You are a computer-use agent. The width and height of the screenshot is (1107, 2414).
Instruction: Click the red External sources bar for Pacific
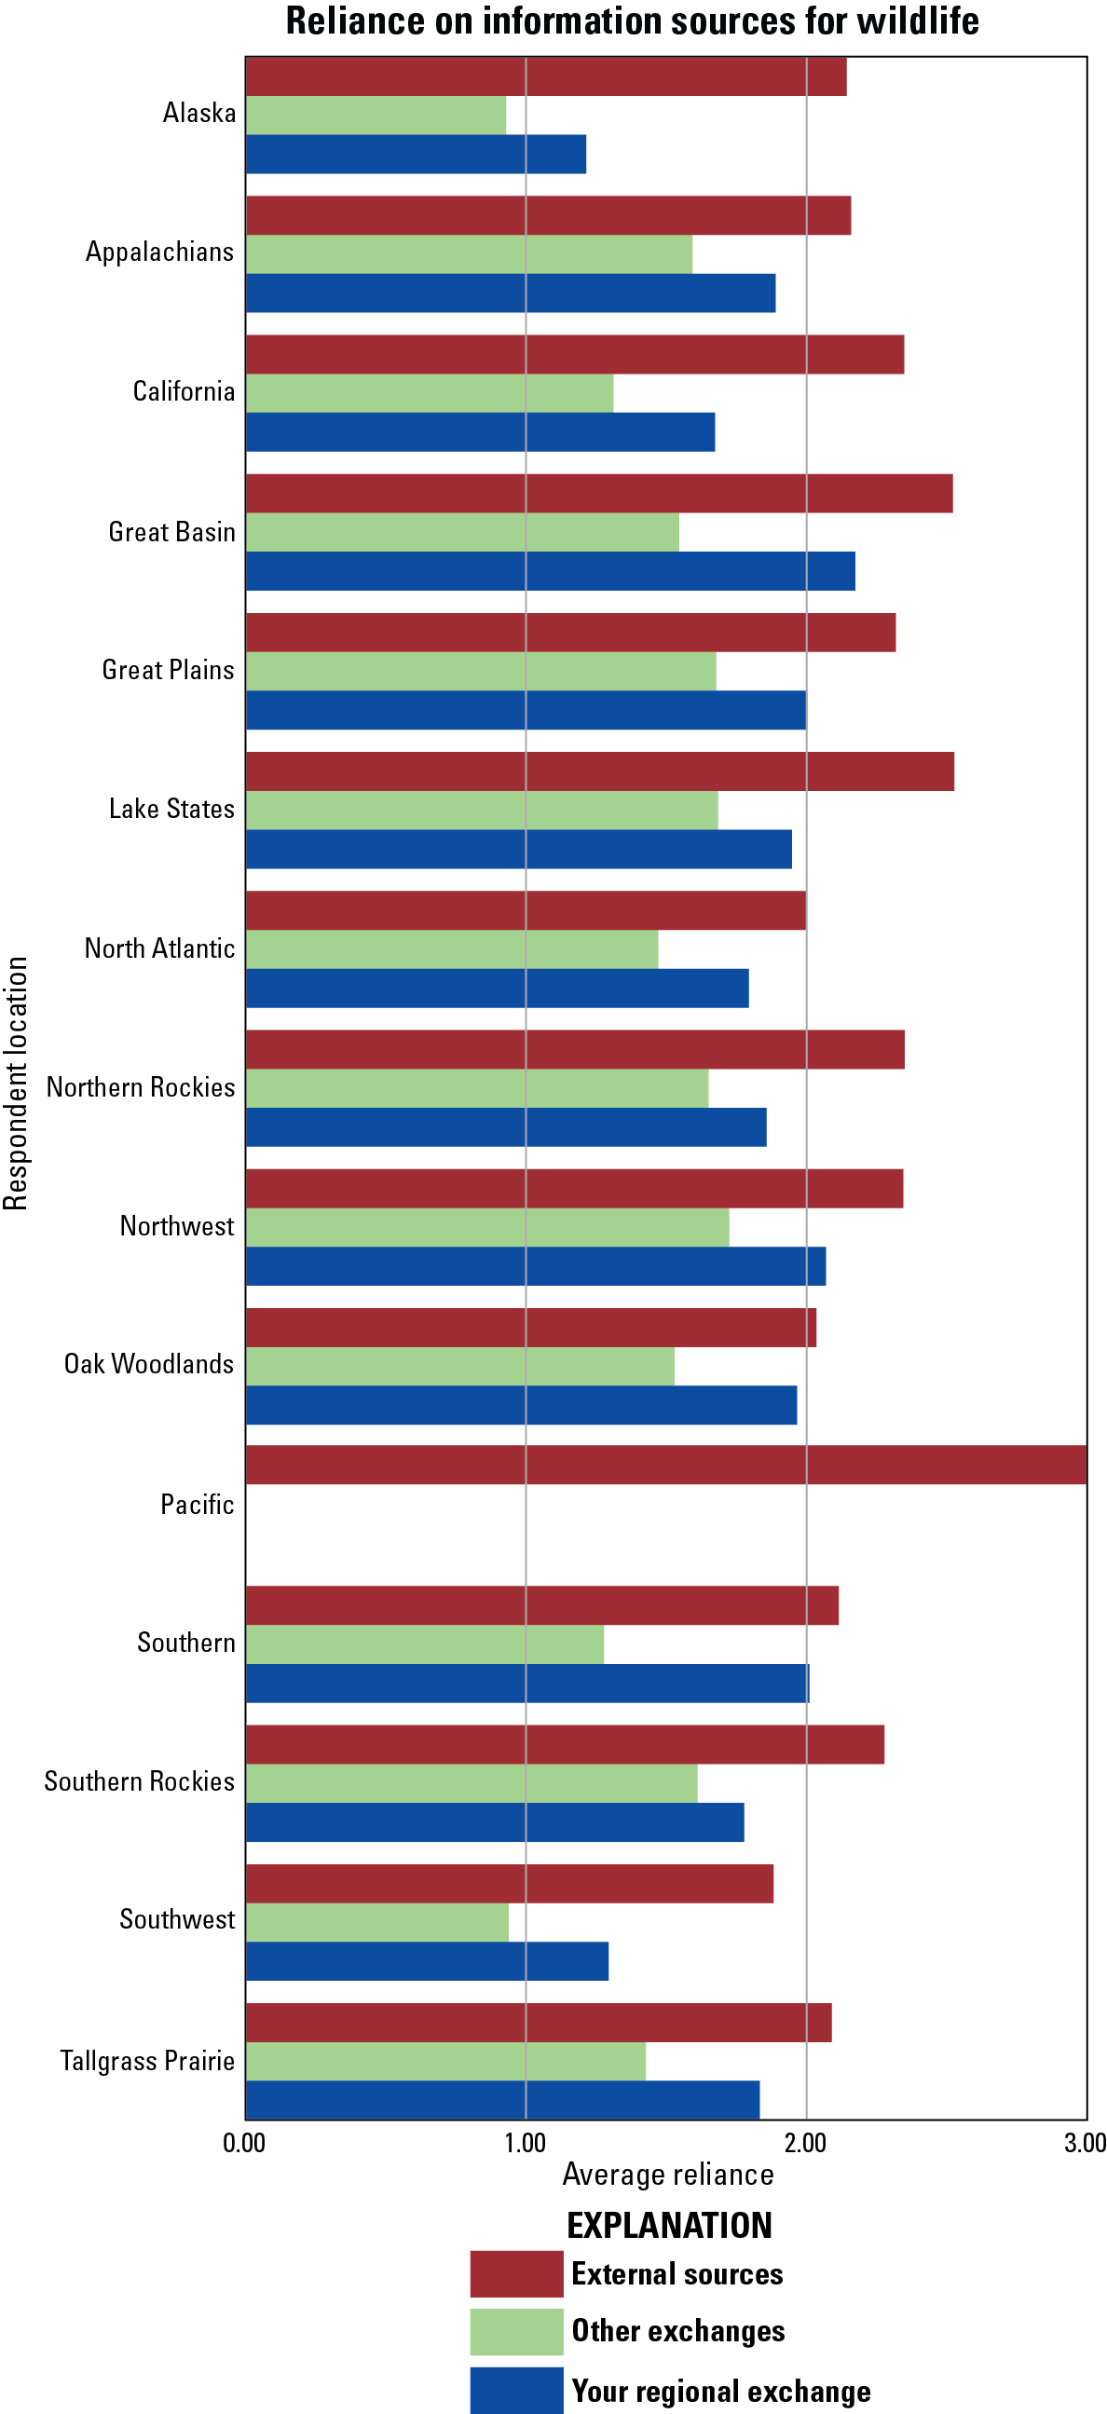pos(665,1465)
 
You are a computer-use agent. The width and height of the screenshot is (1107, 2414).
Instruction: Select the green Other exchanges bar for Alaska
pos(376,116)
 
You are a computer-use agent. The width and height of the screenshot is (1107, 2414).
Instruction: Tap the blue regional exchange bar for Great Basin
pos(550,571)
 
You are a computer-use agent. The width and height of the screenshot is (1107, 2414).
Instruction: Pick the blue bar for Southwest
pos(427,1960)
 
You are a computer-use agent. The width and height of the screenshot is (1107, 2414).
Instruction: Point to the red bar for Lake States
pos(600,771)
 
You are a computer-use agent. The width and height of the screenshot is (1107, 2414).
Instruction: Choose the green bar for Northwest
pos(487,1227)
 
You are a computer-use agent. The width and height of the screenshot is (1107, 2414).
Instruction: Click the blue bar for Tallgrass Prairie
pos(502,2099)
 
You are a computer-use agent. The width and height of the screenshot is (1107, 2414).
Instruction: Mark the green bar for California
pos(430,392)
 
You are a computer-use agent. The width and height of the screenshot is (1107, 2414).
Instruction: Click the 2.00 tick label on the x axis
pos(805,2142)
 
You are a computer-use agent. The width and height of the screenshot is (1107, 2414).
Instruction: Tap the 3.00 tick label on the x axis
pos(1085,2142)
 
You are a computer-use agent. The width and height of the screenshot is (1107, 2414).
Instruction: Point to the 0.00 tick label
pos(245,2142)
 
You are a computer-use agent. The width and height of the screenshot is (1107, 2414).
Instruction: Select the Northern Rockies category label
pos(141,1087)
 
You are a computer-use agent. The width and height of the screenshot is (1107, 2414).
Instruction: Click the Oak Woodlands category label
pos(149,1363)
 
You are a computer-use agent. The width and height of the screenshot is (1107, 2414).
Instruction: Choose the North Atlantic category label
pos(159,948)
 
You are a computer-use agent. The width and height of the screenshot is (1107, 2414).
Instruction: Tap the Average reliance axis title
pos(667,2175)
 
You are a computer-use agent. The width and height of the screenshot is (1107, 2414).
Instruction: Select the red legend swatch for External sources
pos(516,2273)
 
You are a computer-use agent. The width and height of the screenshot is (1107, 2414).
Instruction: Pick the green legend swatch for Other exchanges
pos(516,2331)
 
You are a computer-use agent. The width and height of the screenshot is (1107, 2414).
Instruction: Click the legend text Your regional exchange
pos(721,2391)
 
